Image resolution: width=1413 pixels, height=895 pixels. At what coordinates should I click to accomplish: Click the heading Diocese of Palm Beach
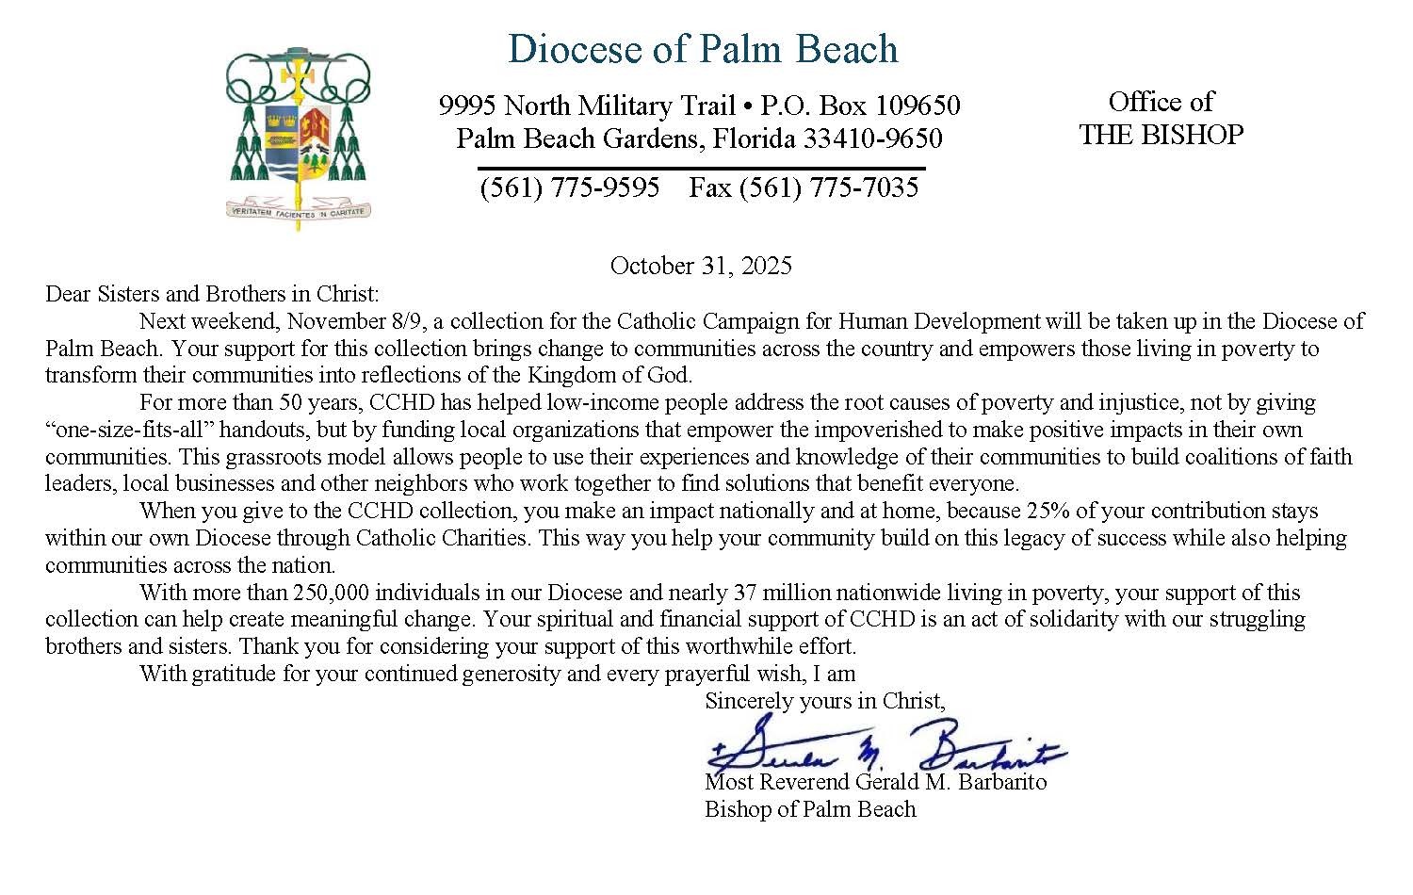coord(702,49)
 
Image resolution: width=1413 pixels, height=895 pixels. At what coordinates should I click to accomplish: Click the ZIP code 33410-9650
coord(872,139)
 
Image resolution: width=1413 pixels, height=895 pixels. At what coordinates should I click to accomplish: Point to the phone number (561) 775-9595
coord(569,187)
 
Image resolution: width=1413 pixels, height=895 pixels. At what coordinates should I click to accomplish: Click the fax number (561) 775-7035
coord(803,187)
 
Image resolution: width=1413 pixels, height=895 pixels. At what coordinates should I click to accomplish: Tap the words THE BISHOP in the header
coord(1161,135)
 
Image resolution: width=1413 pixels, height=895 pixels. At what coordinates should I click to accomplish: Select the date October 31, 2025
coord(701,266)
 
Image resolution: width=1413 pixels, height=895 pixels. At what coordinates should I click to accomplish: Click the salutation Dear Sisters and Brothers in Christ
coord(212,294)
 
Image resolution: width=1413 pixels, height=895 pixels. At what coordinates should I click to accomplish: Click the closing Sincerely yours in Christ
coord(824,701)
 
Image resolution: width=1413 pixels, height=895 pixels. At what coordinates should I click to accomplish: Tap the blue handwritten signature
coord(885,749)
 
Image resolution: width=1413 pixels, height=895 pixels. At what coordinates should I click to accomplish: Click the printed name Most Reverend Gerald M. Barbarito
coord(875,782)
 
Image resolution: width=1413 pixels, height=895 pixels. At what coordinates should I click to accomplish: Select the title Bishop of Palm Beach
coord(810,809)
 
